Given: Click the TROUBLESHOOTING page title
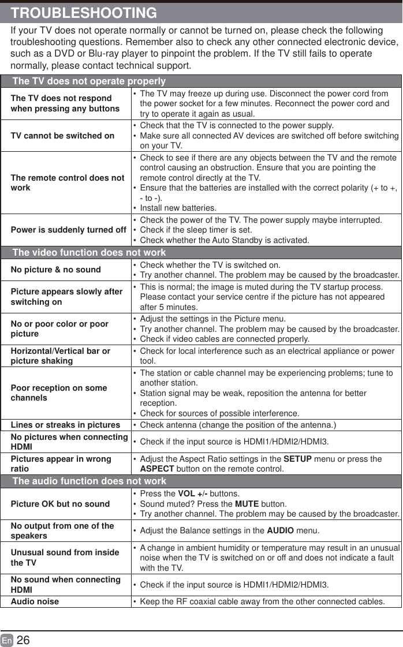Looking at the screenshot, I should [84, 13].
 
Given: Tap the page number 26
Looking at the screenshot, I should [23, 640].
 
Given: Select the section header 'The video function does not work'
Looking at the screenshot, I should [89, 252].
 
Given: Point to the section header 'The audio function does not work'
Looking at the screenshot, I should [89, 481].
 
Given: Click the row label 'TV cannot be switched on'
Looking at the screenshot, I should [62, 136].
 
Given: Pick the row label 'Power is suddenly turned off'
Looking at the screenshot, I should [68, 230].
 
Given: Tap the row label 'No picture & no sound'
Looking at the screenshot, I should [55, 270].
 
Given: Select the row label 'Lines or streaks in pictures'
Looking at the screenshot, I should [65, 425].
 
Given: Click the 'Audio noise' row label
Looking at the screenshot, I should [35, 601].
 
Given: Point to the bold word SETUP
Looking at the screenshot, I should [298, 459].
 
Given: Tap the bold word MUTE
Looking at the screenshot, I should [247, 504].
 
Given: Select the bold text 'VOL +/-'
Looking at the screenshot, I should [193, 494].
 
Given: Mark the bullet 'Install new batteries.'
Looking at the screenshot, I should [178, 208].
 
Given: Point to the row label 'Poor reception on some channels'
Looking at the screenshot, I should [58, 392].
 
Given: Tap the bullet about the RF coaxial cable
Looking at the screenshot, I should [262, 601].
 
